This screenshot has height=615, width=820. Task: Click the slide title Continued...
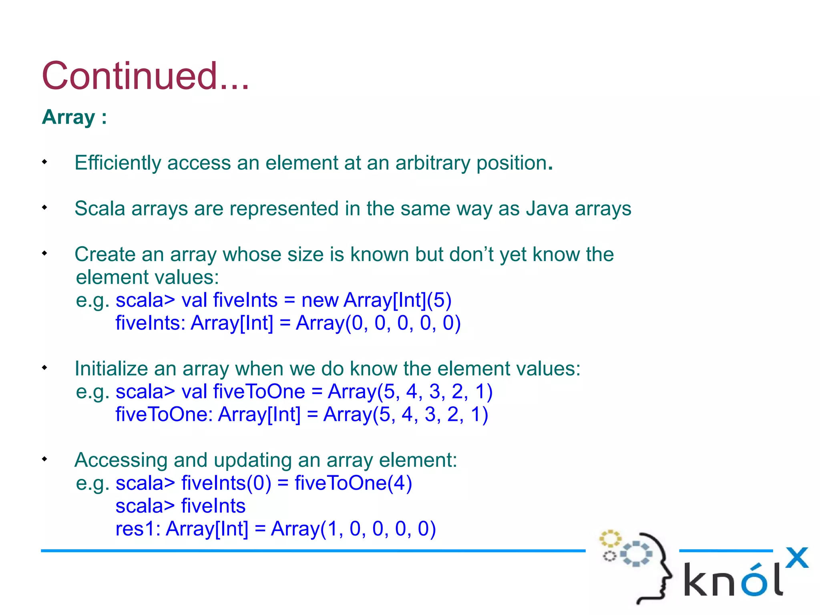click(x=145, y=76)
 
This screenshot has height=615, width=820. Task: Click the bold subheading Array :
click(x=74, y=117)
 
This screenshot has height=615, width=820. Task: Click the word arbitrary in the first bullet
click(x=432, y=163)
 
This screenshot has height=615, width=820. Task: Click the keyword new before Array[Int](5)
click(x=320, y=300)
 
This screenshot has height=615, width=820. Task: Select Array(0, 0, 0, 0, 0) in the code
click(x=378, y=323)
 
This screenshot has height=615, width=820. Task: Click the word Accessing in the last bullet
click(x=121, y=460)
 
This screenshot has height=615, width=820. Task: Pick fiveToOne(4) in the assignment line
click(x=353, y=483)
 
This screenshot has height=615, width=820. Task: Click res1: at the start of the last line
click(x=138, y=529)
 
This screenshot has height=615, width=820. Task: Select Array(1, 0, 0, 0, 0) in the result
click(x=353, y=529)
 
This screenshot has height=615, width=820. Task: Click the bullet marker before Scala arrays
click(x=44, y=207)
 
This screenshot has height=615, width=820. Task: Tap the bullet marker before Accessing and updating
click(x=44, y=459)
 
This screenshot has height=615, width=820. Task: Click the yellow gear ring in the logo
click(x=610, y=539)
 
